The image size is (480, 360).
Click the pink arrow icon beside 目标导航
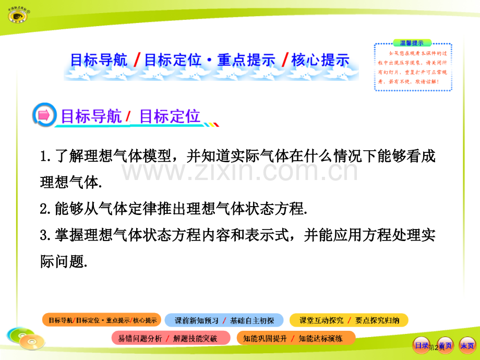pyautogui.click(x=45, y=116)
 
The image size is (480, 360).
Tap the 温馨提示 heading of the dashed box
pyautogui.click(x=412, y=43)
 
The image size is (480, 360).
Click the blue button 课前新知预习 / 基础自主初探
pyautogui.click(x=224, y=320)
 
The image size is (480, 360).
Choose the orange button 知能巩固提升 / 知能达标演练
pyautogui.click(x=295, y=338)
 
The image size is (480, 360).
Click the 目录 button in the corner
pyautogui.click(x=421, y=345)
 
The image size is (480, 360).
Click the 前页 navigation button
pyautogui.click(x=444, y=345)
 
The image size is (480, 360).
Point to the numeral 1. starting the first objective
pyautogui.click(x=45, y=156)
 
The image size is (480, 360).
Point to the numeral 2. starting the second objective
pyautogui.click(x=45, y=209)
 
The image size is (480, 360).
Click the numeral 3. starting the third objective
pyautogui.click(x=45, y=235)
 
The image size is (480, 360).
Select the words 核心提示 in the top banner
pyautogui.click(x=320, y=60)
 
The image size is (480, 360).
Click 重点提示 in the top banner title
pyautogui.click(x=246, y=60)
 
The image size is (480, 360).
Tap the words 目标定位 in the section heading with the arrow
pyautogui.click(x=170, y=116)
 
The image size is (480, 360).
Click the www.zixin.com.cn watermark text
pyautogui.click(x=240, y=171)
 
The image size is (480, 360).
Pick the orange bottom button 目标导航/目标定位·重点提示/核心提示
pyautogui.click(x=102, y=320)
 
